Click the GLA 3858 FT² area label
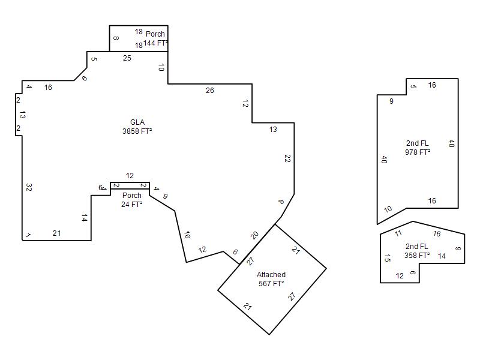tap(137, 127)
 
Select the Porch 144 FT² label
tap(155, 38)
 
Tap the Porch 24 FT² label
tap(132, 200)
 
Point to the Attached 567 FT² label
tap(271, 279)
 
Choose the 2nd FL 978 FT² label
tap(418, 148)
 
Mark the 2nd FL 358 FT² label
tap(417, 251)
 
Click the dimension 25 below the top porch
tap(127, 58)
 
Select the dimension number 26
tap(209, 91)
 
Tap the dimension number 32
tap(29, 187)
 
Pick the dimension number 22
tap(287, 158)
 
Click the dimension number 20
tap(254, 235)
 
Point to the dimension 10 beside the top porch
tap(161, 67)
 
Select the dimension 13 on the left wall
tap(22, 115)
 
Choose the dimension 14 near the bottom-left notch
tap(85, 218)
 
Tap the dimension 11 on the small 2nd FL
tap(398, 233)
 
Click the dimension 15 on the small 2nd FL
tap(387, 258)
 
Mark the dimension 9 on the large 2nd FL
tap(391, 101)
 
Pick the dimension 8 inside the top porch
tap(116, 38)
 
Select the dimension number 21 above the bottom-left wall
tap(56, 233)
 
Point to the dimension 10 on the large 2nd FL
tap(388, 209)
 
